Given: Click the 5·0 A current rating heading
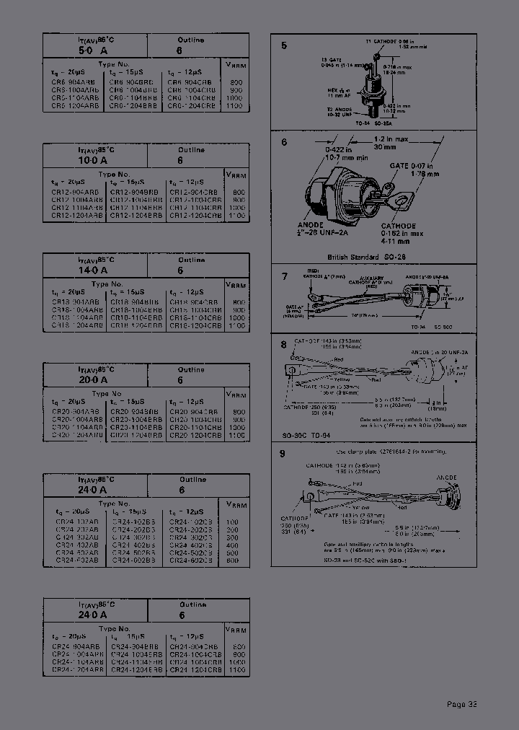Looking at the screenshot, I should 92,51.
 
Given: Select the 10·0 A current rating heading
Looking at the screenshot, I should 92,161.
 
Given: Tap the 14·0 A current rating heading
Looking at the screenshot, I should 92,271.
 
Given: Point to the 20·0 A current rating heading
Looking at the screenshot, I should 92,380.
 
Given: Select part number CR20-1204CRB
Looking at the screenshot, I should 195,436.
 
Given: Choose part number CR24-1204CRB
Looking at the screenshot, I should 195,671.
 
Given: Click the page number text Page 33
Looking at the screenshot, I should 461,705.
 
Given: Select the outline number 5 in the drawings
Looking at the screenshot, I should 284,45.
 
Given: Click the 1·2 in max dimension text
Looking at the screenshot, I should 389,137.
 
